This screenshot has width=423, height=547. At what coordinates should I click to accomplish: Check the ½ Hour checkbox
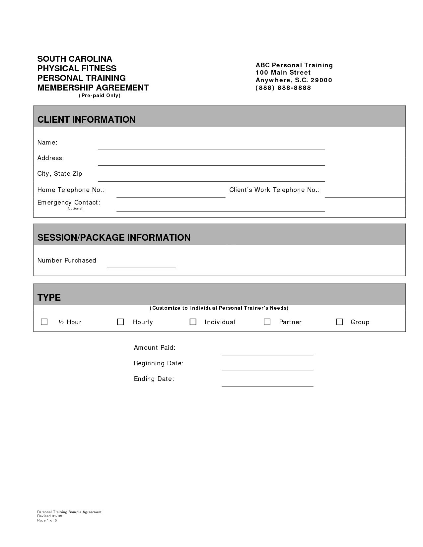coord(44,322)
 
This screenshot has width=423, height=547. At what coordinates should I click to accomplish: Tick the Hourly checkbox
coord(120,322)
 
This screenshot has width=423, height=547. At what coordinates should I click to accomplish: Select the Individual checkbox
coord(193,322)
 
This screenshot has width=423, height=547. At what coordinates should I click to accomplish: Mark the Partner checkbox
coord(267,322)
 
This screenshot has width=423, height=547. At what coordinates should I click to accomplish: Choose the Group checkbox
coord(339,322)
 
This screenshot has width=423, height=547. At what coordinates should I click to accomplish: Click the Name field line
coord(211,147)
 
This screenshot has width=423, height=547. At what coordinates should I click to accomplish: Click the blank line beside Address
coord(211,162)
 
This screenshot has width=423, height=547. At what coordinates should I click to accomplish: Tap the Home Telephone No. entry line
coord(171,194)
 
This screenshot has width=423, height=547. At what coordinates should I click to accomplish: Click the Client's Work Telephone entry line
coord(365,194)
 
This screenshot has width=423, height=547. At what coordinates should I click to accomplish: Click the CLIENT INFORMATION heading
coord(86,119)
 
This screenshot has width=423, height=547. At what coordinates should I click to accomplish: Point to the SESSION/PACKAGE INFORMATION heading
coord(114,237)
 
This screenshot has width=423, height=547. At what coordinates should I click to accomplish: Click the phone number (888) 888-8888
coord(283,88)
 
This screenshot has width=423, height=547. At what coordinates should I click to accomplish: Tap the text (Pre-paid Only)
coord(100,95)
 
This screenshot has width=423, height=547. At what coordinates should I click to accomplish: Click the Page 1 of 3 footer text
coord(47,520)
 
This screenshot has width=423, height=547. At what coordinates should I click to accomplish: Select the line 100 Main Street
coord(283,73)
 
